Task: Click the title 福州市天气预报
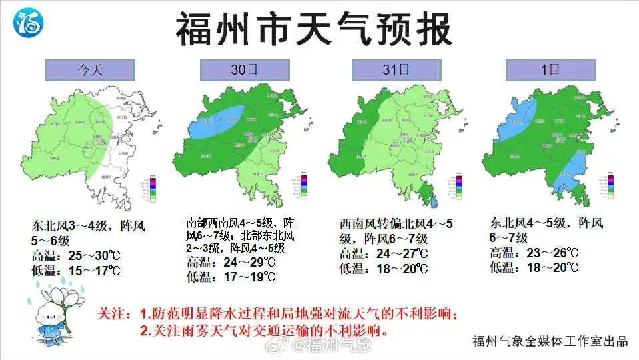point(314,29)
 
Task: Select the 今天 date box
point(90,69)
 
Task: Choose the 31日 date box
point(396,69)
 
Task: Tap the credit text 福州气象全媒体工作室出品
point(550,341)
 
